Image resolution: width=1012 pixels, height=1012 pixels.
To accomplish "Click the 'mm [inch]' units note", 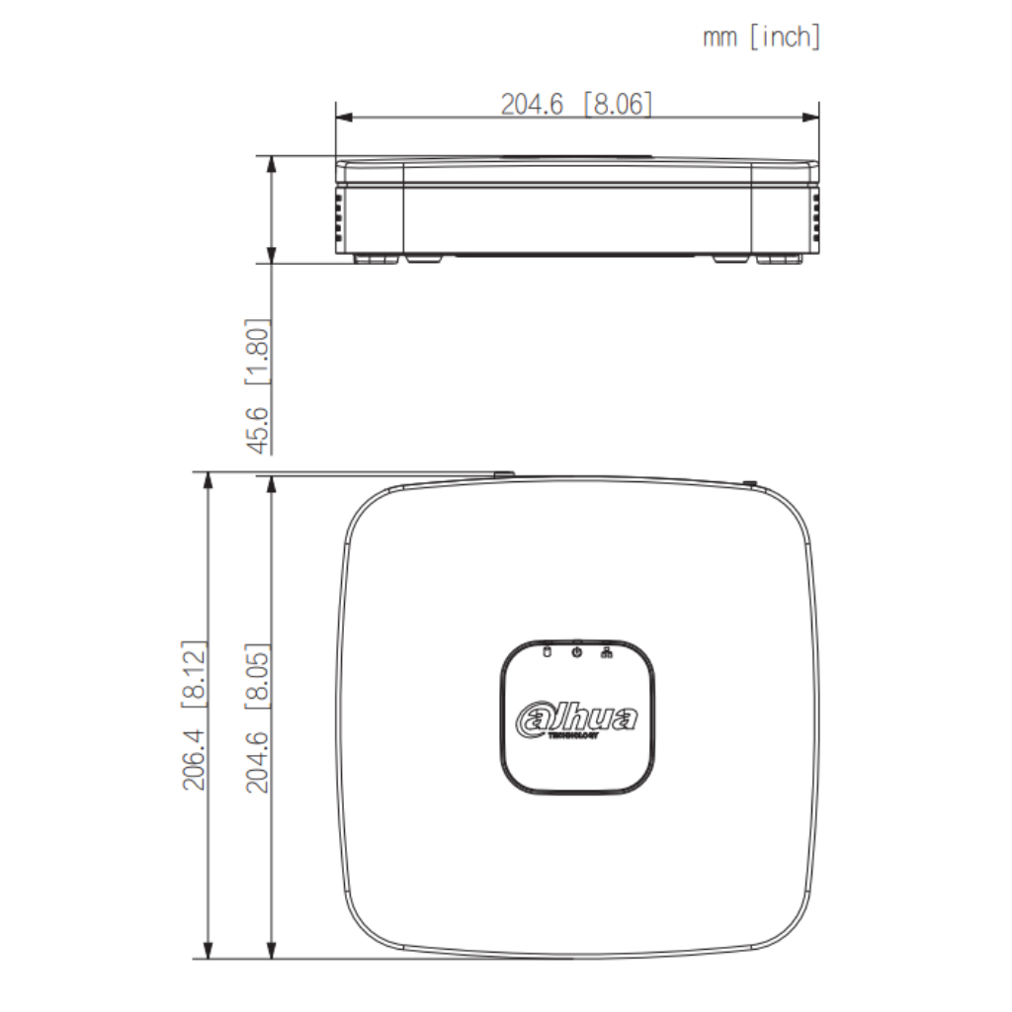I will click(761, 38).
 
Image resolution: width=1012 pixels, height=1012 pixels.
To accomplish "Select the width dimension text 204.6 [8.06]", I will click(576, 104).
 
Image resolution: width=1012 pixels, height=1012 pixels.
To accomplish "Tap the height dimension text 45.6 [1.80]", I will click(258, 385).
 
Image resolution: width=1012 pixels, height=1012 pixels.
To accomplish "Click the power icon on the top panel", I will click(576, 651).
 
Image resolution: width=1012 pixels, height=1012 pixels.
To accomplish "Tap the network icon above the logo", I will click(606, 651).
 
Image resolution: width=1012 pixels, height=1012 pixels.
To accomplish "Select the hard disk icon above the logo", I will click(547, 651).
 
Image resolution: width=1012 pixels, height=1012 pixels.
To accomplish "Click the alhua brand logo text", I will click(577, 718).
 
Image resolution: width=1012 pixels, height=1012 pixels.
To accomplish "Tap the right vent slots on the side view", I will click(816, 217).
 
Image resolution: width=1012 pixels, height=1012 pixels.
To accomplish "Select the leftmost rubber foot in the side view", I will click(376, 258).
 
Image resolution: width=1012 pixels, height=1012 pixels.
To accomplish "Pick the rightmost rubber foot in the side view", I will click(779, 258).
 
